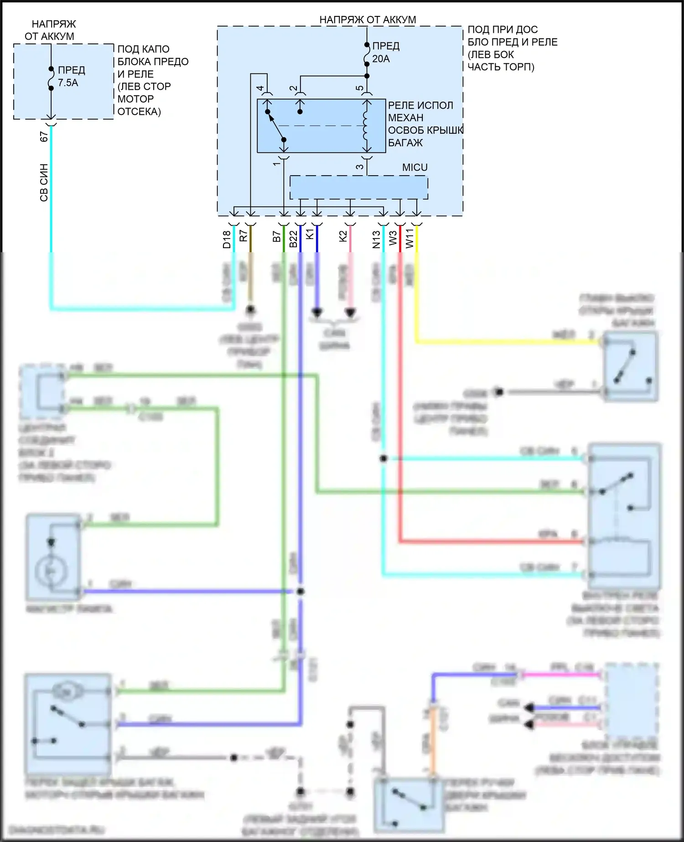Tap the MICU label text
415,167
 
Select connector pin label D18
227,239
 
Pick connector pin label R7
244,236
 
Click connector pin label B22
293,239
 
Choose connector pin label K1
310,234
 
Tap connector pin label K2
343,236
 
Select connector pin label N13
376,239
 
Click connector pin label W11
409,239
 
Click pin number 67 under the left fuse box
44,136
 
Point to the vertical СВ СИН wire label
44,182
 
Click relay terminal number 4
260,88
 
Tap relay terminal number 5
360,88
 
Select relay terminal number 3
360,167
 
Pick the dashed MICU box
359,187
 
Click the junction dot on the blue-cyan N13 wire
383,458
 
